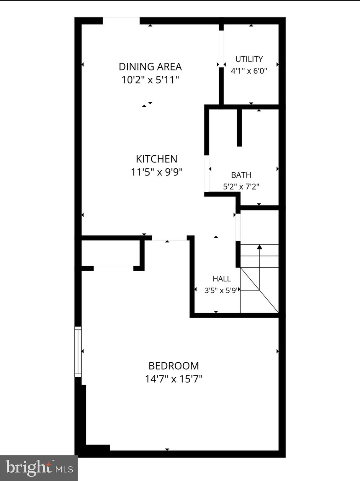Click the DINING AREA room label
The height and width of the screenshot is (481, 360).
(x=150, y=67)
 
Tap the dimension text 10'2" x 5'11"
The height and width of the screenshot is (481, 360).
(x=150, y=80)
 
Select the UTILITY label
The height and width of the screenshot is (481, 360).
(x=249, y=59)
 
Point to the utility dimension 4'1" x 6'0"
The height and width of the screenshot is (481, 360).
(x=249, y=71)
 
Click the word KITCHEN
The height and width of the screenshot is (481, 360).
(x=157, y=159)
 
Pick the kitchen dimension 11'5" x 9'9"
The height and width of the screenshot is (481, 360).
(x=157, y=172)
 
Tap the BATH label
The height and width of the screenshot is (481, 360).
(x=241, y=175)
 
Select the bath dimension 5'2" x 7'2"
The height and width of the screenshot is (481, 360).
(x=241, y=187)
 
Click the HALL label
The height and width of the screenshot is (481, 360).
(x=222, y=279)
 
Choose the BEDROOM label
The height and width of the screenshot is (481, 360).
(x=174, y=366)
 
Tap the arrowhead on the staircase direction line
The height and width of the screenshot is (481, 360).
(x=260, y=247)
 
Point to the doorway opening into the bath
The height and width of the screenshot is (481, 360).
(x=207, y=173)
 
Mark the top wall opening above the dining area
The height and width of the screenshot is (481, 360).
(x=121, y=21)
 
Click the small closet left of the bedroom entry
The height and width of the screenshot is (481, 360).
(x=111, y=253)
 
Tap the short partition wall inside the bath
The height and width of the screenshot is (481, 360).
(x=239, y=128)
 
